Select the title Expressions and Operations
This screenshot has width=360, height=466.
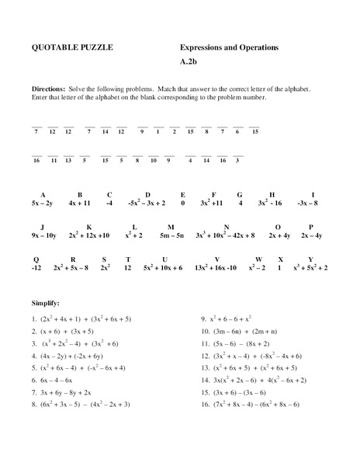pos(229,48)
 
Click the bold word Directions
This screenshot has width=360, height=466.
pos(48,89)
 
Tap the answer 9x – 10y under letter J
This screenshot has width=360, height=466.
pos(43,234)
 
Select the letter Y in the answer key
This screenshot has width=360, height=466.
pos(310,258)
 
